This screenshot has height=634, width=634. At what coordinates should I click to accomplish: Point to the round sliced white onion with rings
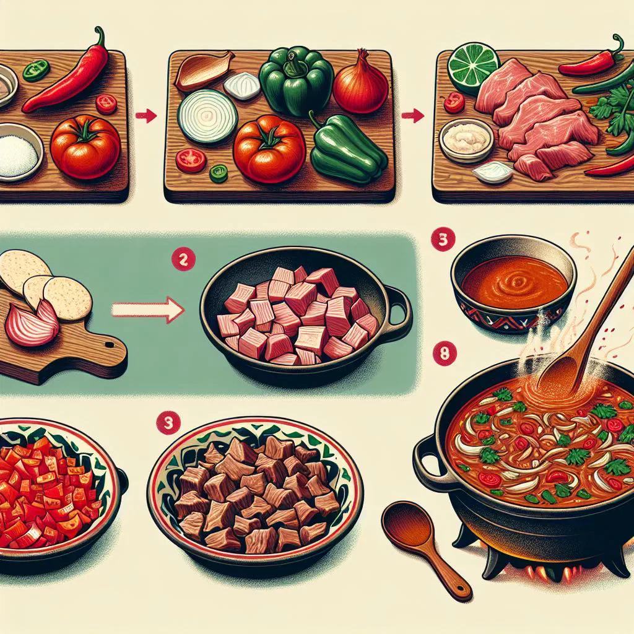207,116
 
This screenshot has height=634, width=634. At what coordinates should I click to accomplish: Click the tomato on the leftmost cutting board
85,146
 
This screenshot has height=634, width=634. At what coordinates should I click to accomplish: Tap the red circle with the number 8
445,354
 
